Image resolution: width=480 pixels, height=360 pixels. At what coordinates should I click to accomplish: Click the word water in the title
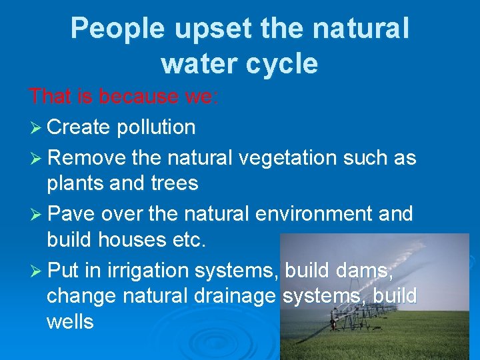(x=197, y=63)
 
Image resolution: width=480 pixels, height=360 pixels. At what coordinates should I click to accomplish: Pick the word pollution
(x=155, y=127)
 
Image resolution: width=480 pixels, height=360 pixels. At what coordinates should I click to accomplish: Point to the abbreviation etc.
(x=191, y=239)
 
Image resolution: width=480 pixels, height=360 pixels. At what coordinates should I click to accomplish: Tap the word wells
(x=70, y=322)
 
